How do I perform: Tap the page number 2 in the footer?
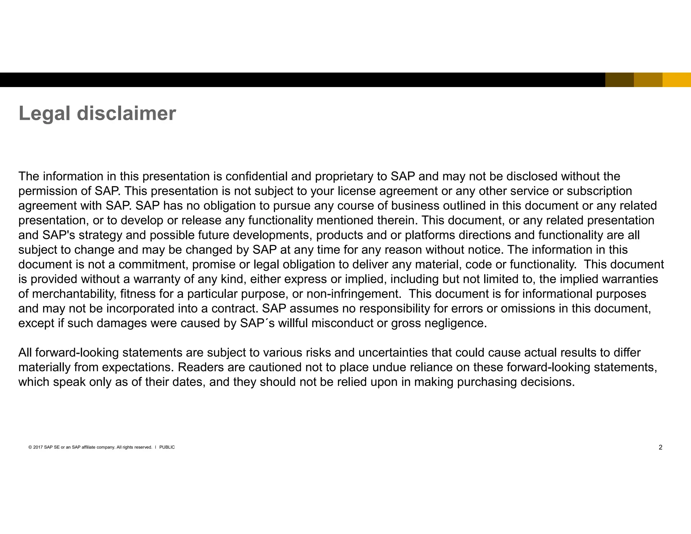(x=660, y=448)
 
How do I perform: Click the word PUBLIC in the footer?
(x=167, y=448)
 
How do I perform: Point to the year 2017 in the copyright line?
(x=38, y=448)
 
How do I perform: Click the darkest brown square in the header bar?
(x=619, y=80)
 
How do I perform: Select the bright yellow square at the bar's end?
(x=676, y=80)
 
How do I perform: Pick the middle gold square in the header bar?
(x=648, y=80)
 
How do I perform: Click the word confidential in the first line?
(x=256, y=177)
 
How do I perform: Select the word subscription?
(x=599, y=191)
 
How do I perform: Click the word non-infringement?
(x=353, y=294)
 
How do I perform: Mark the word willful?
(x=293, y=323)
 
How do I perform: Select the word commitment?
(x=153, y=265)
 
